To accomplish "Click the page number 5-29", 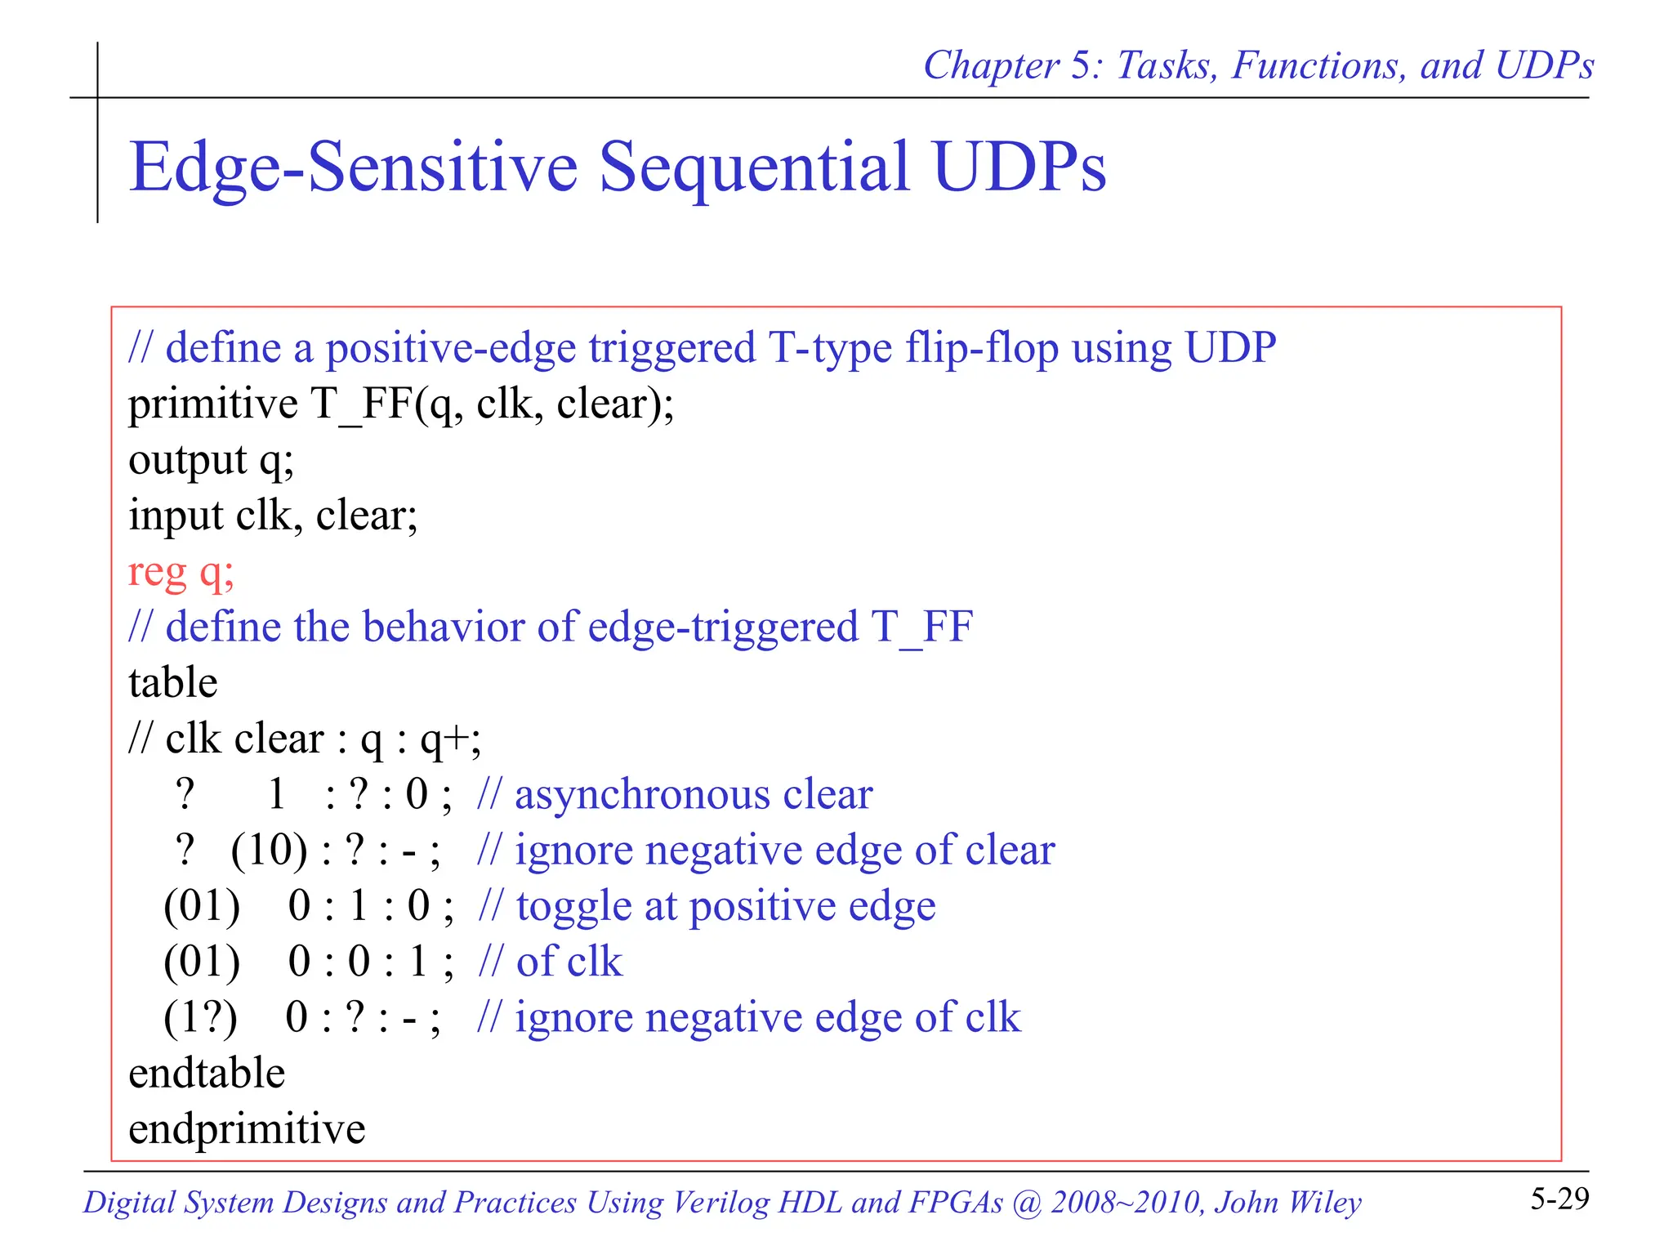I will click(x=1559, y=1199).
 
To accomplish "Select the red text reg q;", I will click(x=181, y=571).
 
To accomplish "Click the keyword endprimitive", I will click(x=247, y=1129).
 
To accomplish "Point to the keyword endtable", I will click(x=207, y=1073).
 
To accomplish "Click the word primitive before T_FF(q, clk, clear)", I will click(x=213, y=404).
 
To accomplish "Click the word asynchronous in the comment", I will click(x=642, y=795).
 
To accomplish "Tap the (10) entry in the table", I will click(x=270, y=851).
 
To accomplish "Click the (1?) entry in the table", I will click(x=201, y=1018).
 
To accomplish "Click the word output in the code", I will click(x=187, y=460).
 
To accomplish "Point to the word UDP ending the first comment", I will click(x=1230, y=348).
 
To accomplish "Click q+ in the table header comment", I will click(x=445, y=739).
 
